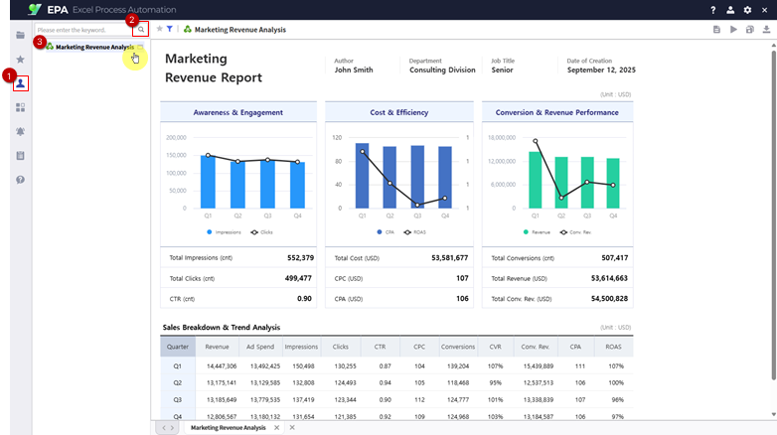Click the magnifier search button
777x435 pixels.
point(141,30)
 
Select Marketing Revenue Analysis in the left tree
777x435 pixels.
point(94,47)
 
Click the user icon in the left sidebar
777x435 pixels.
point(20,83)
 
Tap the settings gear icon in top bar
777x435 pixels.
point(747,9)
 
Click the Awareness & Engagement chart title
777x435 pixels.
point(237,112)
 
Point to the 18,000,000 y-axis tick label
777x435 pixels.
point(504,138)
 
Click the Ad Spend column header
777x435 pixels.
point(259,347)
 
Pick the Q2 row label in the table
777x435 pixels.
point(177,382)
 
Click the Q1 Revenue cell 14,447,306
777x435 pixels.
point(221,365)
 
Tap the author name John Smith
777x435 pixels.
point(354,71)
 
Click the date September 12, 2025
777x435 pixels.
point(600,71)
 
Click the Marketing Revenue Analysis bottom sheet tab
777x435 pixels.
point(229,427)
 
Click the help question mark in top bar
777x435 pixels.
point(712,9)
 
